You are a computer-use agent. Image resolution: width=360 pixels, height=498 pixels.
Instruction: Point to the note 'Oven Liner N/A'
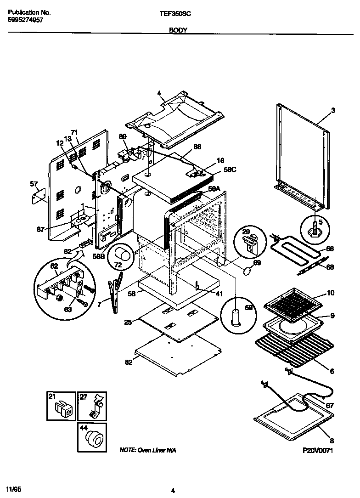tap(147, 450)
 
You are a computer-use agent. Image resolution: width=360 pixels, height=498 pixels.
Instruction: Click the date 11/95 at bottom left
tap(14, 487)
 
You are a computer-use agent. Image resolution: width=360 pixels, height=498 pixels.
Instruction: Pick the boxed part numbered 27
tap(94, 406)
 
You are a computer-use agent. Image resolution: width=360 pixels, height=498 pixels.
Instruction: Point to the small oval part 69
tap(247, 272)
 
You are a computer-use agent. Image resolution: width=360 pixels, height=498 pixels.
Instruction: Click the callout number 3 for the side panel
tap(333, 110)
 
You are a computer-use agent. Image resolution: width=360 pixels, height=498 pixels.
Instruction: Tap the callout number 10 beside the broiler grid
tap(331, 293)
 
